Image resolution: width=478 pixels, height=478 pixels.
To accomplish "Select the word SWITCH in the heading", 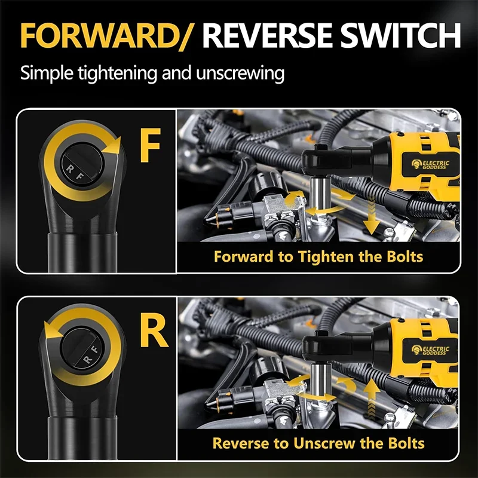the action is tap(400, 35).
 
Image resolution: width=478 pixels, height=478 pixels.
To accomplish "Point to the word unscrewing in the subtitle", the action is tap(240, 73).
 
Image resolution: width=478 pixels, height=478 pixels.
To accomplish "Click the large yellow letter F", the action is tap(150, 145).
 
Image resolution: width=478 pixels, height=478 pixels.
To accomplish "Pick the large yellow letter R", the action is tap(154, 332).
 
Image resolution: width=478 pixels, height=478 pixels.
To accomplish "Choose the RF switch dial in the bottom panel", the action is tap(82, 348).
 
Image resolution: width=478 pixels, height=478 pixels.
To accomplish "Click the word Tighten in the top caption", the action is tap(326, 257).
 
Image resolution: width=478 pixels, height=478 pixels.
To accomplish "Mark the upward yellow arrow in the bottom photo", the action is tap(371, 398).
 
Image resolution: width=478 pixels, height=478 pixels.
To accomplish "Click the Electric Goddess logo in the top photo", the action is tap(430, 164).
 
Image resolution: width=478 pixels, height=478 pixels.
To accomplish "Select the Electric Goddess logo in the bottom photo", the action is tap(430, 350).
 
